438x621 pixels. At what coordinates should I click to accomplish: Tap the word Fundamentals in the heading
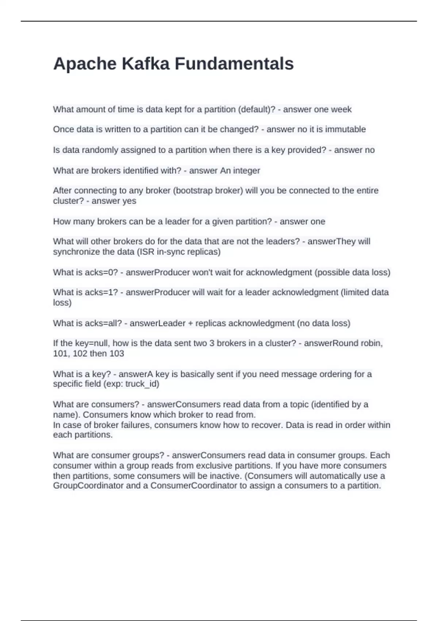(234, 64)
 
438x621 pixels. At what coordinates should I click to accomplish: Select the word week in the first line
(341, 110)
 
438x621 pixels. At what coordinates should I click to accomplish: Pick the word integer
(247, 171)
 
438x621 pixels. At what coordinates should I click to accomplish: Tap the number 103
(117, 354)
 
